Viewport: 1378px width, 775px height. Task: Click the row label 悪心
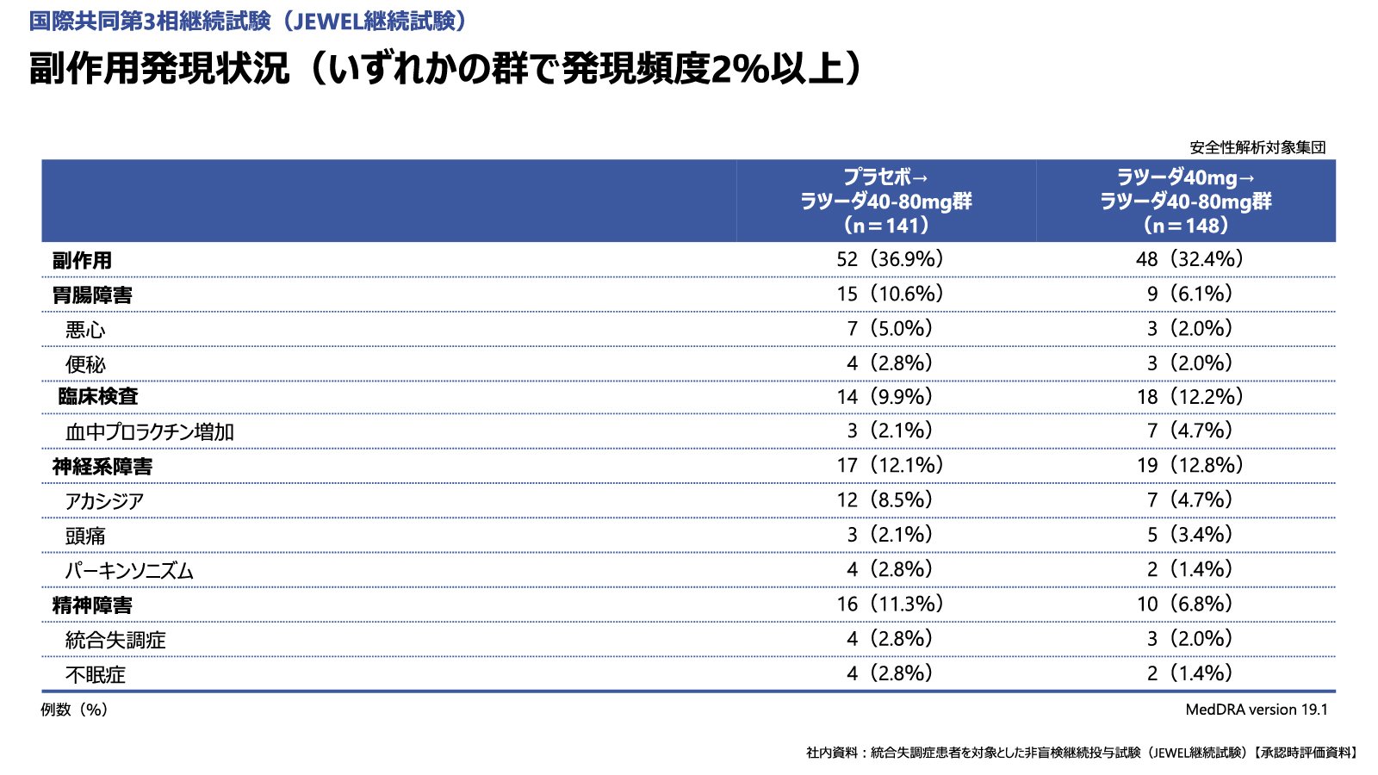[x=85, y=330]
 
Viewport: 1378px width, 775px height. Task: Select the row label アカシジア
[x=104, y=501]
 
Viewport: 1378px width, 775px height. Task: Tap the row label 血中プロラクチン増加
[x=149, y=432]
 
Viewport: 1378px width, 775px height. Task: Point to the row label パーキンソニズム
[x=129, y=571]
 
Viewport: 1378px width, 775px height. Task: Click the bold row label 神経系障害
[x=102, y=467]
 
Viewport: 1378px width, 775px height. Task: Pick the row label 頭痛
[x=85, y=536]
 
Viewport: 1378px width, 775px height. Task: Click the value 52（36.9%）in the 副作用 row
[x=890, y=259]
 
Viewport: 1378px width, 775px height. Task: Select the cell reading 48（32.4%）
[x=1189, y=259]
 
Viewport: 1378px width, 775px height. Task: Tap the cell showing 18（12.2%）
[x=1189, y=397]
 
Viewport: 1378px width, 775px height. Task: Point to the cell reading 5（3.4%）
[x=1189, y=535]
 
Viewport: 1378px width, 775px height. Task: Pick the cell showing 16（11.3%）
[x=890, y=604]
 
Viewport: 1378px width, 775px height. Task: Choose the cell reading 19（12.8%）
[x=1189, y=466]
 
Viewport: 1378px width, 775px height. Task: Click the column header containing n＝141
[x=886, y=201]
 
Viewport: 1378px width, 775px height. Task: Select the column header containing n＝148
[x=1186, y=201]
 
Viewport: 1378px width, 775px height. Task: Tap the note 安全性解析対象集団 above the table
[x=1257, y=147]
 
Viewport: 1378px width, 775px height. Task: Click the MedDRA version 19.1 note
[x=1256, y=710]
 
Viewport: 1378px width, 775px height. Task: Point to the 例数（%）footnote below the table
[x=74, y=710]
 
